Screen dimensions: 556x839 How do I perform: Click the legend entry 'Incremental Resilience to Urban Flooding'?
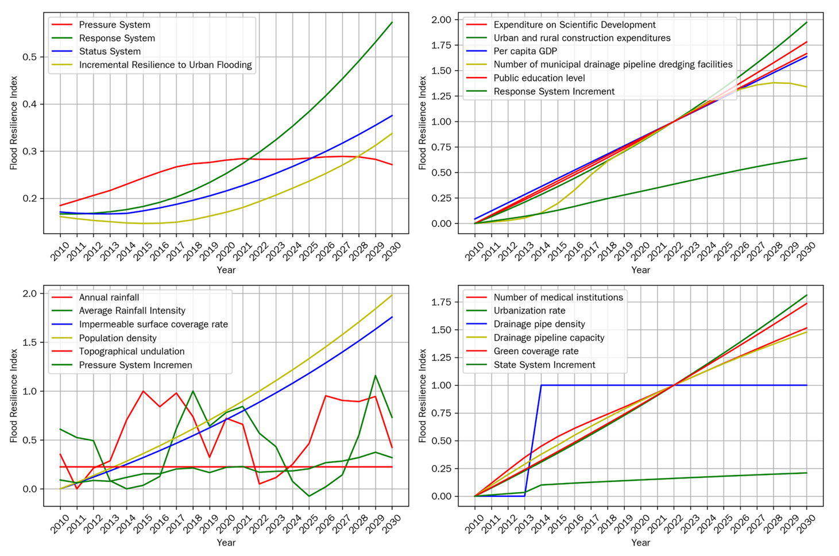(165, 65)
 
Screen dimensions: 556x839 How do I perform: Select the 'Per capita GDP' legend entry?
(525, 51)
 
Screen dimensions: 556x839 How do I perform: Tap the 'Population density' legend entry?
(118, 338)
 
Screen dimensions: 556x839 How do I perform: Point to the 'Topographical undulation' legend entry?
(132, 351)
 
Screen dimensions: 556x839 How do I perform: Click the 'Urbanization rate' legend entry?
(529, 311)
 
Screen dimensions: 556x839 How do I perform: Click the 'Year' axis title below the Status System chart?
(226, 270)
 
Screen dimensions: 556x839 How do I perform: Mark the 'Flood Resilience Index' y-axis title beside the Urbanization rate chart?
(423, 396)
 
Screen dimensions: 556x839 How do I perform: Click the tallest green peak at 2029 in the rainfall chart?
(376, 376)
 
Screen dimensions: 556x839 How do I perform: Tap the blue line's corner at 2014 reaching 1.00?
(542, 385)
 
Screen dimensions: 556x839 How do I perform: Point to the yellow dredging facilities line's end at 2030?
(807, 87)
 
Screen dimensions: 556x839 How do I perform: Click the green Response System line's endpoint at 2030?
(392, 22)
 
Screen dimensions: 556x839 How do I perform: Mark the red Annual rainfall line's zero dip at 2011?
(77, 489)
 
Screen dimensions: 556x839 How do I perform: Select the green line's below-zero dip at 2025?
(309, 496)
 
